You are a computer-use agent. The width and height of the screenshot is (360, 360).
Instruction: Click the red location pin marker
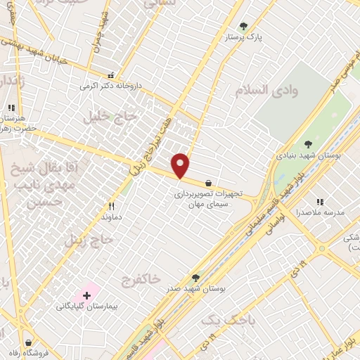181,165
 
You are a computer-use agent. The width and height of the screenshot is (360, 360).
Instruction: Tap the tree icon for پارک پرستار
244,26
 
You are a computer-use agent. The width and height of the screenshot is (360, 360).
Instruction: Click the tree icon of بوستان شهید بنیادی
308,143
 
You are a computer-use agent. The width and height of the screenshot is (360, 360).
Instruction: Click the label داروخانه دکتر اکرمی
110,85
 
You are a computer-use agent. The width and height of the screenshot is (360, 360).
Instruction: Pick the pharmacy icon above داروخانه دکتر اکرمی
110,75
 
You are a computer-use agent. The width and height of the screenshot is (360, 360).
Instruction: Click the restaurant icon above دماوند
111,206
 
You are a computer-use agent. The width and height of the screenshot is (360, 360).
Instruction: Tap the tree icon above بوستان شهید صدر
196,276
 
